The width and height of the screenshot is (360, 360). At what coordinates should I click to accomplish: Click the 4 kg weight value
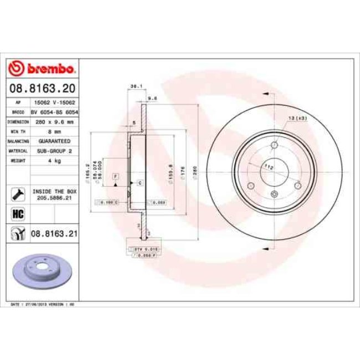(x=54, y=160)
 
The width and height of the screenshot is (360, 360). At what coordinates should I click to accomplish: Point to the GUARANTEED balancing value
(x=54, y=141)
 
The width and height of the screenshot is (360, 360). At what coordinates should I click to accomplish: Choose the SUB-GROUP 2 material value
(x=54, y=151)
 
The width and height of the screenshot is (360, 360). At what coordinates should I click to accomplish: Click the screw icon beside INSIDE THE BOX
(x=17, y=193)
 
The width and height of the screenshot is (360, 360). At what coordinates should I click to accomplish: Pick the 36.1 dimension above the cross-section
(x=133, y=86)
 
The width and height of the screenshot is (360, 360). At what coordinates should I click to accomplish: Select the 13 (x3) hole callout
(x=298, y=119)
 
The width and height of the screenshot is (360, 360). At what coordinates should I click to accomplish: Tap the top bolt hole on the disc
(x=274, y=146)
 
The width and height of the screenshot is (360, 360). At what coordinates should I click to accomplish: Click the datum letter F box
(x=116, y=176)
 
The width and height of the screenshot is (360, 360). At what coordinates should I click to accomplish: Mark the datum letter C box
(x=140, y=182)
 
